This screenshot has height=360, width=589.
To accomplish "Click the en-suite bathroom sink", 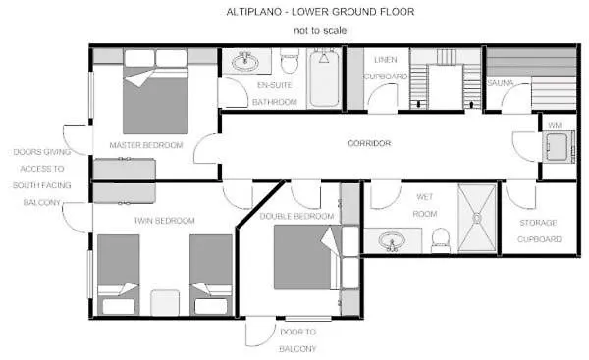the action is click(x=245, y=62).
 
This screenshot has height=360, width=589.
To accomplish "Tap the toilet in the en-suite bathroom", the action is click(x=290, y=60).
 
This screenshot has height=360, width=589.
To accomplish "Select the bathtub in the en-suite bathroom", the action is click(x=324, y=78).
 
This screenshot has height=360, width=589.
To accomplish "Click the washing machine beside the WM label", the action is click(x=558, y=146).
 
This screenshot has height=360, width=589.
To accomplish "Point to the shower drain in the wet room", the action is click(x=477, y=218).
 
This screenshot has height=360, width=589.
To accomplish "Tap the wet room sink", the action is click(x=392, y=240).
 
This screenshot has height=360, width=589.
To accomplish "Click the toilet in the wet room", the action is click(x=440, y=241).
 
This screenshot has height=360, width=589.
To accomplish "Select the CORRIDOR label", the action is click(x=369, y=143).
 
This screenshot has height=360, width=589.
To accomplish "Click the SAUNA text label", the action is click(x=500, y=83).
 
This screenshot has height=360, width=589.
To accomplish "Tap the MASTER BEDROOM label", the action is click(x=146, y=145).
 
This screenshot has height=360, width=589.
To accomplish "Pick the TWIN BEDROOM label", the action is click(x=164, y=221).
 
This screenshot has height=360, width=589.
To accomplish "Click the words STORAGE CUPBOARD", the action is click(x=539, y=231).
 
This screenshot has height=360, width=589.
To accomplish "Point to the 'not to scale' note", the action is click(x=320, y=30).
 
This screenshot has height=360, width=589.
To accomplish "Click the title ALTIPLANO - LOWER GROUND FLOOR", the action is click(x=320, y=12).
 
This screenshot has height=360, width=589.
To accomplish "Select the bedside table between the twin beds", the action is click(x=165, y=302).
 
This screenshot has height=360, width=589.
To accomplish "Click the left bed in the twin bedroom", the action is click(x=119, y=275).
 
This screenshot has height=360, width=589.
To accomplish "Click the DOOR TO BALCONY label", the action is click(x=297, y=340).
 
